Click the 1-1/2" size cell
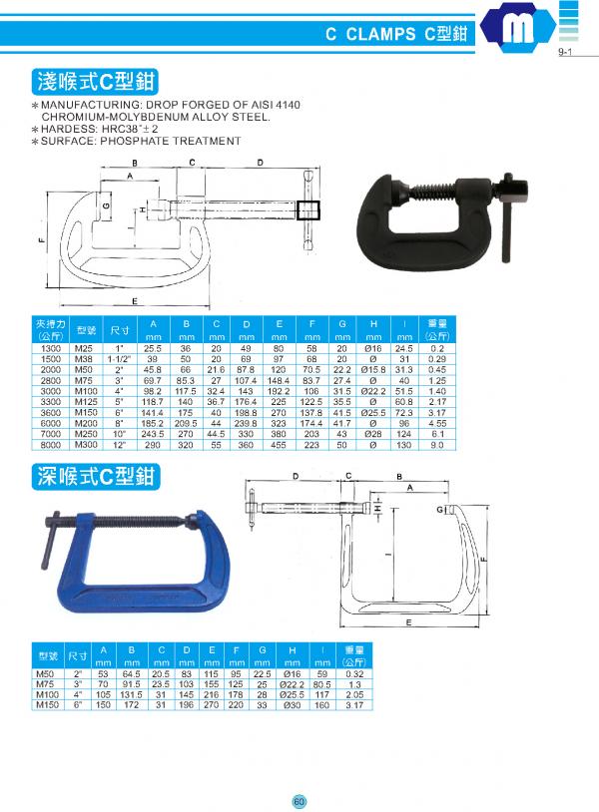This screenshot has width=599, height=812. (119, 357)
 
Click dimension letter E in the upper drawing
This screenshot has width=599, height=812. (134, 301)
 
